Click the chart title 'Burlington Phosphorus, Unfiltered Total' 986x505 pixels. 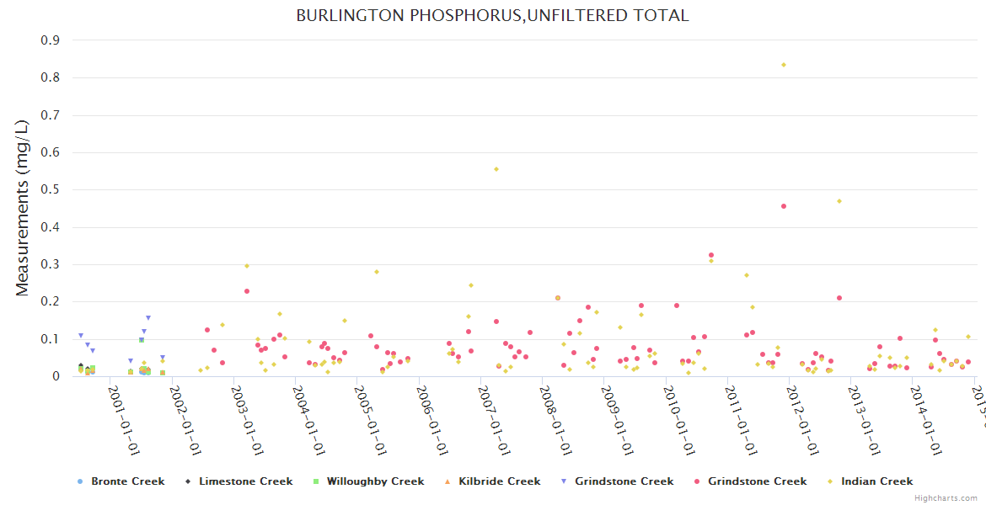[x=492, y=15]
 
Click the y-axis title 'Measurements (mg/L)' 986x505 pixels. [x=23, y=207]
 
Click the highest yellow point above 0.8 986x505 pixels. [x=784, y=65]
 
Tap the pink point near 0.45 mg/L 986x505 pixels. [x=784, y=206]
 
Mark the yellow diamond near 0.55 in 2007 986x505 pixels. [x=496, y=169]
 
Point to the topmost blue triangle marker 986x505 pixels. [x=148, y=318]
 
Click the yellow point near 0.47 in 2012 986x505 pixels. [x=839, y=201]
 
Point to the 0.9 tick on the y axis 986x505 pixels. [x=50, y=40]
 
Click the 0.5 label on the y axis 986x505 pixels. [x=50, y=190]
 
